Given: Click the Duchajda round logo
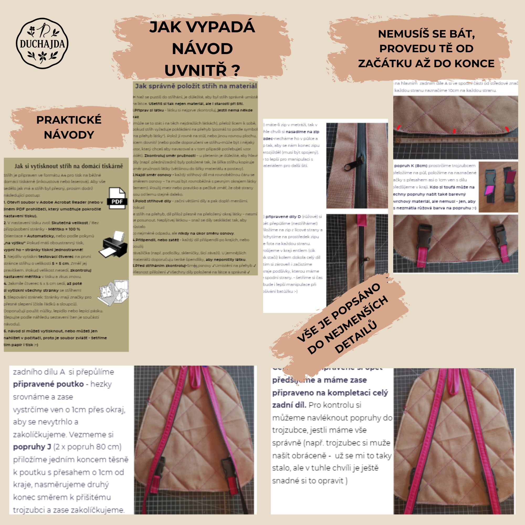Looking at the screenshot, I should pos(42,44).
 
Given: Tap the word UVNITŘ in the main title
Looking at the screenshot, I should pos(195,70).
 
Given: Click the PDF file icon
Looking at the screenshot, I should pos(117,198).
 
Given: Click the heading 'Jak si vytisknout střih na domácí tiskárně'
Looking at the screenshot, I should pos(69,166).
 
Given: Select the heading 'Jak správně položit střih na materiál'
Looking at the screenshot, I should pos(196,86).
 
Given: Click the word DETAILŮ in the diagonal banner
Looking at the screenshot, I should pos(356,337).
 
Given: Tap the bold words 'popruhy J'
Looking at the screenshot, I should pos(32,447).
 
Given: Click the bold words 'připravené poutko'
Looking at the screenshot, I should pos(48,384).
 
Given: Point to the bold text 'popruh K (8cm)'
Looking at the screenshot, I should pos(411,165).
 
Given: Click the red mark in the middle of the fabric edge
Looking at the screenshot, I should pos(454,131).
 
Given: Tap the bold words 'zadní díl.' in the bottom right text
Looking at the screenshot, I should pos(289,405).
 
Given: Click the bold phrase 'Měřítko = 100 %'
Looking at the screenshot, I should pos(64,229).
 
